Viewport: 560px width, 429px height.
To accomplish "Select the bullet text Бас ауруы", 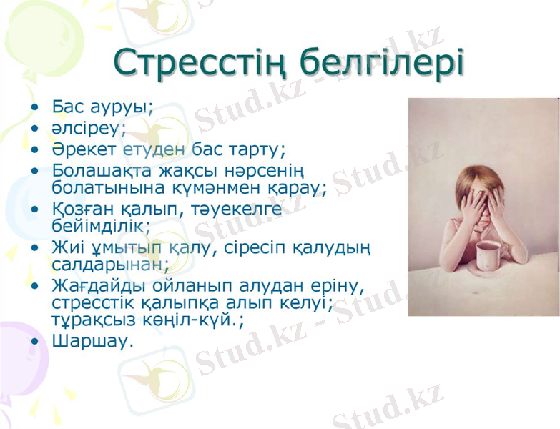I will coord(103,107).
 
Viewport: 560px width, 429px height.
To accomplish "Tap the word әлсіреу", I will coord(88,129).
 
